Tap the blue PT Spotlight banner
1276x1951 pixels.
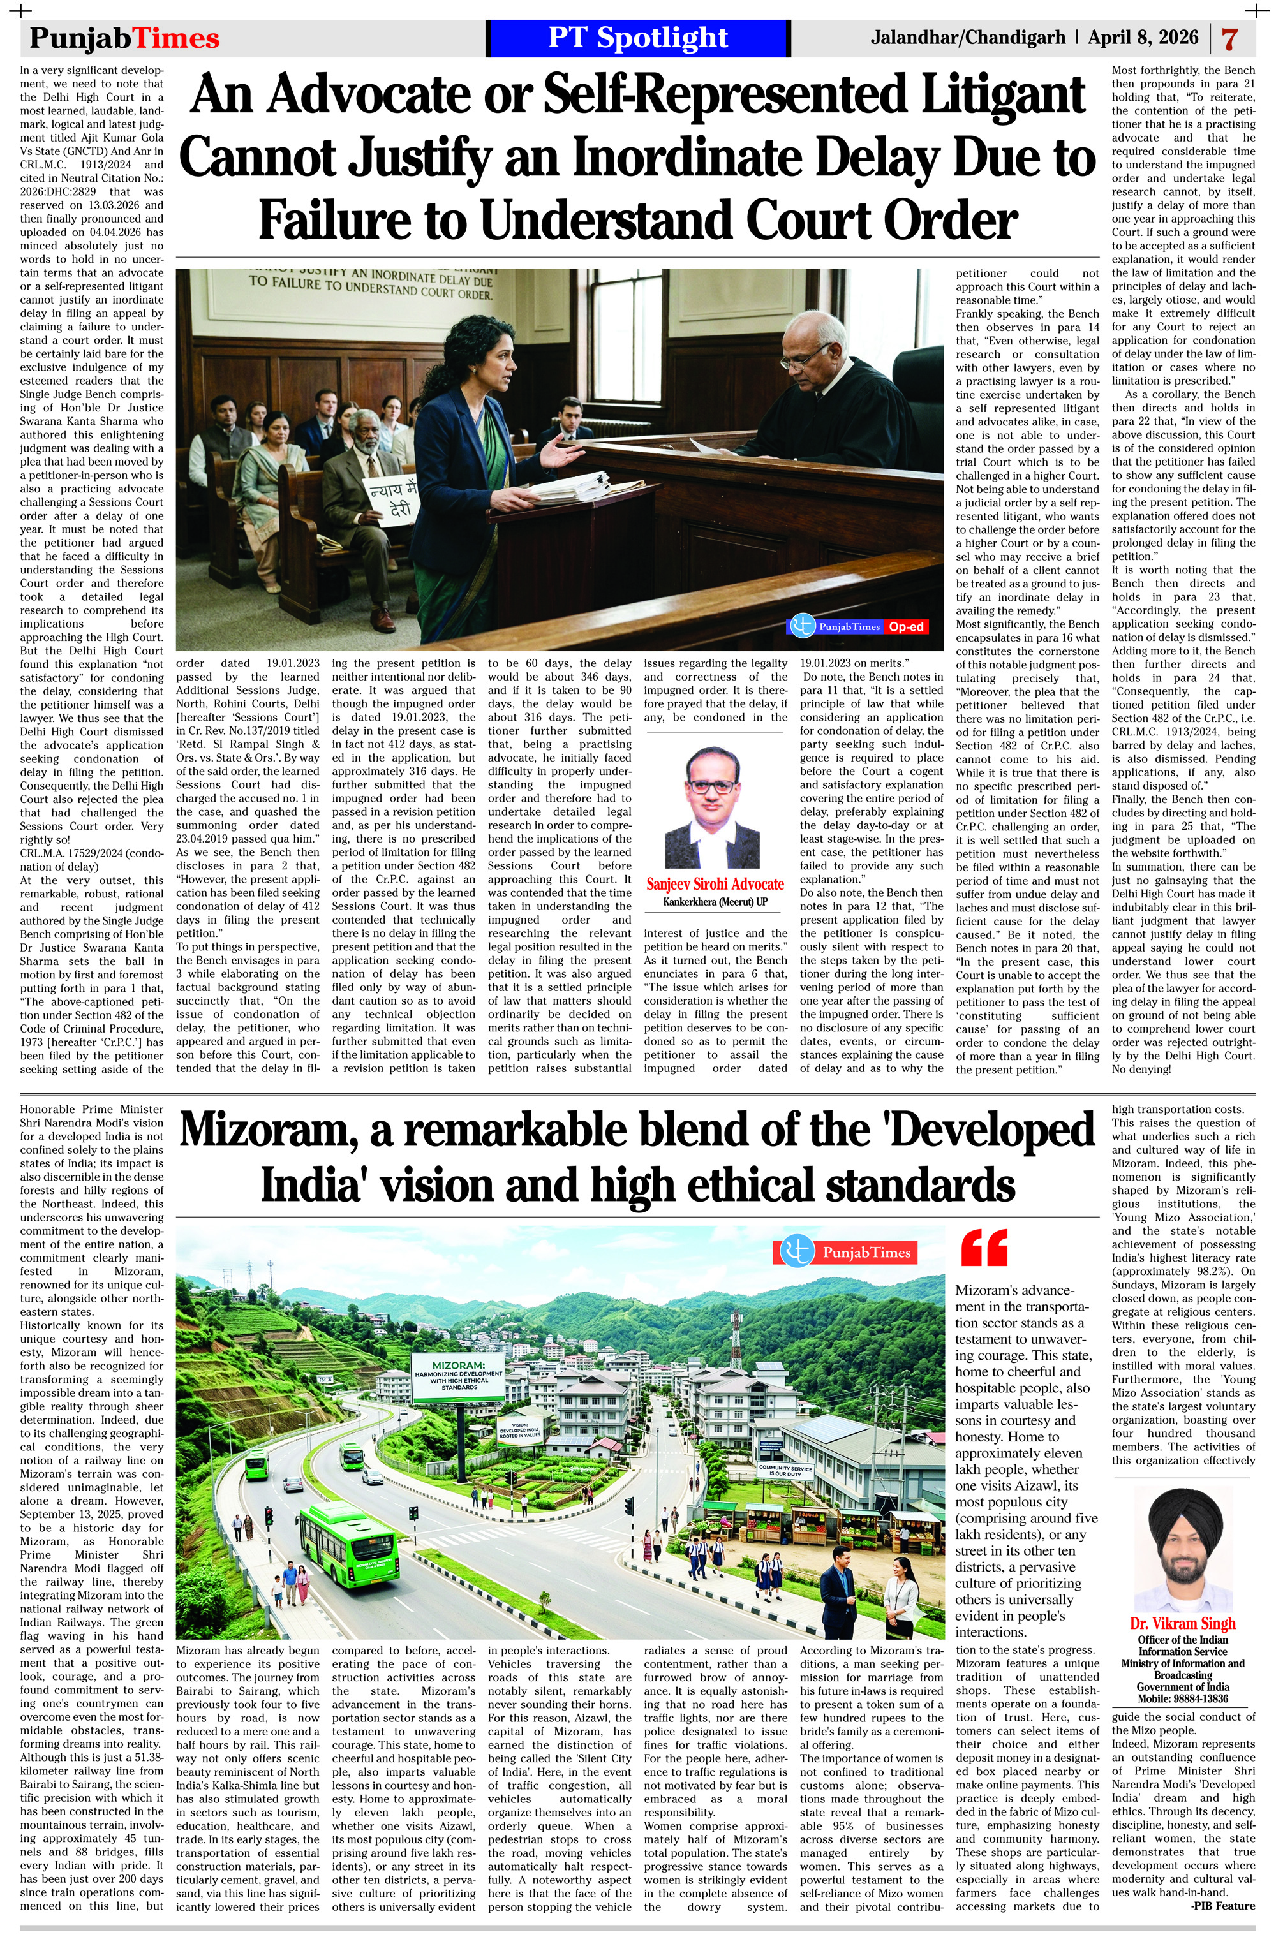(x=637, y=38)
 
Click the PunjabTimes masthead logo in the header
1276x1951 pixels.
(x=124, y=38)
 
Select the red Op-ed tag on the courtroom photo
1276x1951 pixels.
(x=906, y=627)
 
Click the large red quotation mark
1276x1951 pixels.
(x=983, y=1249)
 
